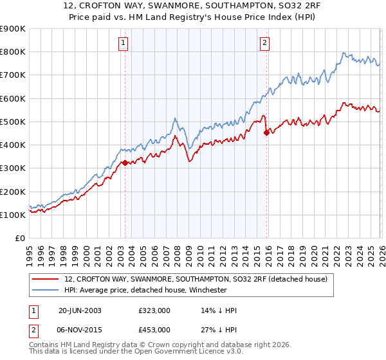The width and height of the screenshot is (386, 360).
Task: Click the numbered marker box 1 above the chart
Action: click(123, 43)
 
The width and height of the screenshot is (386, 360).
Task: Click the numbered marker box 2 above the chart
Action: click(264, 43)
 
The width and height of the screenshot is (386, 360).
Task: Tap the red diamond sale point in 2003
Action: click(125, 163)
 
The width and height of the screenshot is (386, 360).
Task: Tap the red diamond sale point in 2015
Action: click(266, 132)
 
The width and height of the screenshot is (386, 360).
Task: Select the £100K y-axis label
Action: click(12, 215)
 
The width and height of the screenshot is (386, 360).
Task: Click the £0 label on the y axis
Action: click(19, 238)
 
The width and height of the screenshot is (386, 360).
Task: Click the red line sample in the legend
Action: click(46, 279)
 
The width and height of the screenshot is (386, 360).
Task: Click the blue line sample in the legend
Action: click(46, 290)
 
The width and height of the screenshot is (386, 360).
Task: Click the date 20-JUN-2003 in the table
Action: click(80, 310)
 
